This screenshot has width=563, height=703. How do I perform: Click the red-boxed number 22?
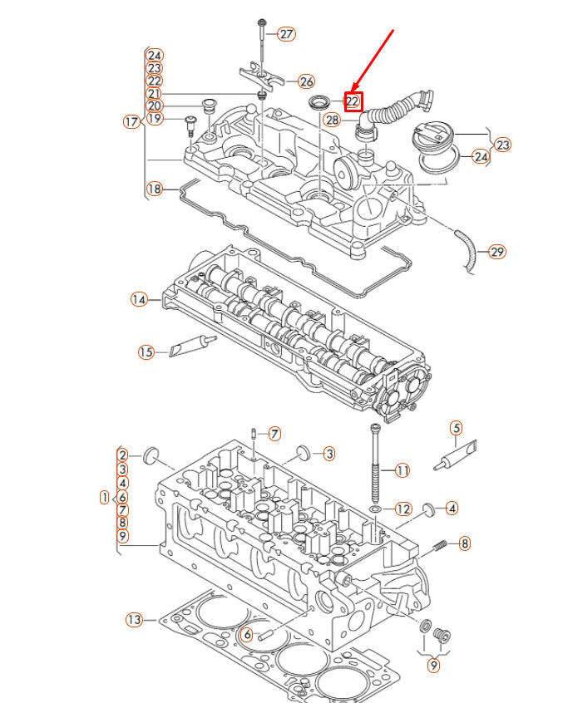tap(353, 102)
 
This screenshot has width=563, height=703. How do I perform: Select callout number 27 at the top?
tap(286, 34)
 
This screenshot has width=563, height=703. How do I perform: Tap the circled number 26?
tap(306, 81)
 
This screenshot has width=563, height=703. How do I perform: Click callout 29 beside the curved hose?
tap(496, 251)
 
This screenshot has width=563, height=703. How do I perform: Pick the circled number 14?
tap(138, 299)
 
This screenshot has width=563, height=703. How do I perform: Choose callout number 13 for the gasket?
tap(135, 619)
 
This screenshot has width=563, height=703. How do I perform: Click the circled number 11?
tap(402, 470)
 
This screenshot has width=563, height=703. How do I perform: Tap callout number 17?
tap(131, 122)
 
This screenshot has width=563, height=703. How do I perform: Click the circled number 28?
tap(332, 120)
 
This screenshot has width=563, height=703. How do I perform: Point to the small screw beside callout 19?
tap(190, 125)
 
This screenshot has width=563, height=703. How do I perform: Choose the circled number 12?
tap(402, 509)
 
